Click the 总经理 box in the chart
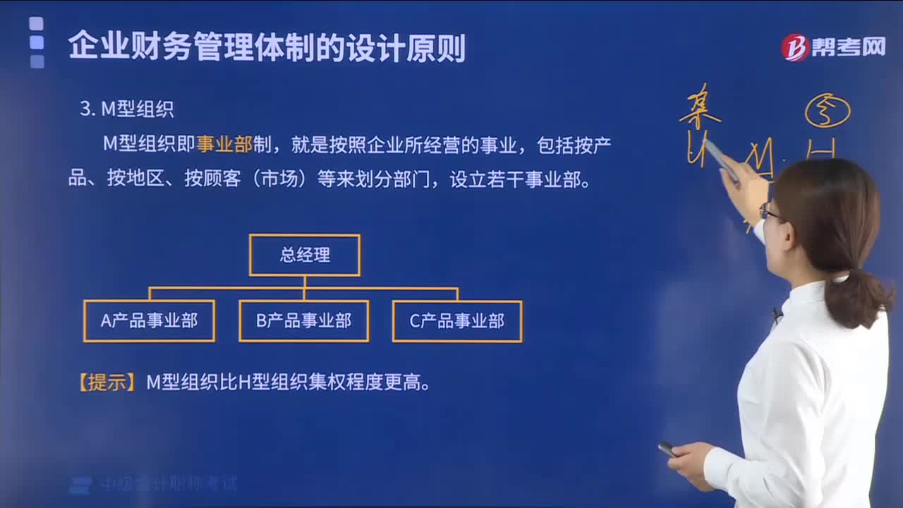(305, 255)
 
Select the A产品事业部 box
(149, 321)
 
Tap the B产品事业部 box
(303, 321)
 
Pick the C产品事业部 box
(457, 321)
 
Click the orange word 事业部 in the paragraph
(224, 144)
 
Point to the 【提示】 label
(107, 383)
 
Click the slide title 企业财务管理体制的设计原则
(267, 47)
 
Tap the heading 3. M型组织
(127, 109)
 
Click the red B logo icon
(794, 47)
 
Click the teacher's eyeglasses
(768, 211)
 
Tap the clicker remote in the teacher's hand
(667, 449)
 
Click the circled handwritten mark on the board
(828, 111)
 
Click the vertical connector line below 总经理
(305, 282)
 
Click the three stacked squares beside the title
(37, 43)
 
